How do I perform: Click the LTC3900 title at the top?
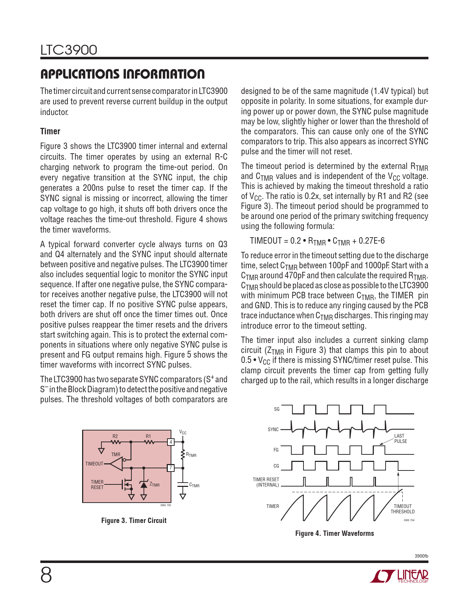point(69,50)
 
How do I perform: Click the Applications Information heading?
point(122,74)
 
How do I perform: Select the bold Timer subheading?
point(50,131)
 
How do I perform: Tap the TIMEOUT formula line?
point(317,241)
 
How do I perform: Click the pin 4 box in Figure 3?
point(171,442)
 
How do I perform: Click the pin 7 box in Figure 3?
point(171,468)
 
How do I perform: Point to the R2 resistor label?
point(115,436)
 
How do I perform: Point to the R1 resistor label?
point(148,436)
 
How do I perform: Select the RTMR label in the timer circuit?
point(191,455)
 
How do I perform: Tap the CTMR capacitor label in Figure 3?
point(194,485)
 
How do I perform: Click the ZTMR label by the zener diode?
point(155,484)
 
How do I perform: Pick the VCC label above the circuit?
point(183,433)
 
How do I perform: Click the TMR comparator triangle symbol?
point(116,464)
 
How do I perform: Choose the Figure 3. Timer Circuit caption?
point(134,520)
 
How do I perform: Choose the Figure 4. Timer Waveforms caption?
point(335,533)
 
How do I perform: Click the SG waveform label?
point(277,409)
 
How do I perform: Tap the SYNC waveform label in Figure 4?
point(273,429)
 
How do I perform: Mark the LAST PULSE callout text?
point(400,438)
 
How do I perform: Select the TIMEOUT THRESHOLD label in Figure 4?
point(402,509)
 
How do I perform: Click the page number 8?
point(46,575)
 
